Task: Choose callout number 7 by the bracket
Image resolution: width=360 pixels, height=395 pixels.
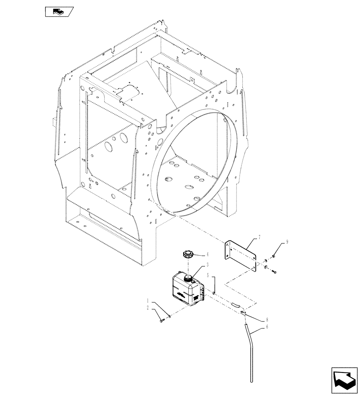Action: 259,237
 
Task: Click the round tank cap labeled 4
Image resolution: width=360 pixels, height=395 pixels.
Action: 187,254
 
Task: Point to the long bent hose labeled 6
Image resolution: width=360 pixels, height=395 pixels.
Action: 249,348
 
